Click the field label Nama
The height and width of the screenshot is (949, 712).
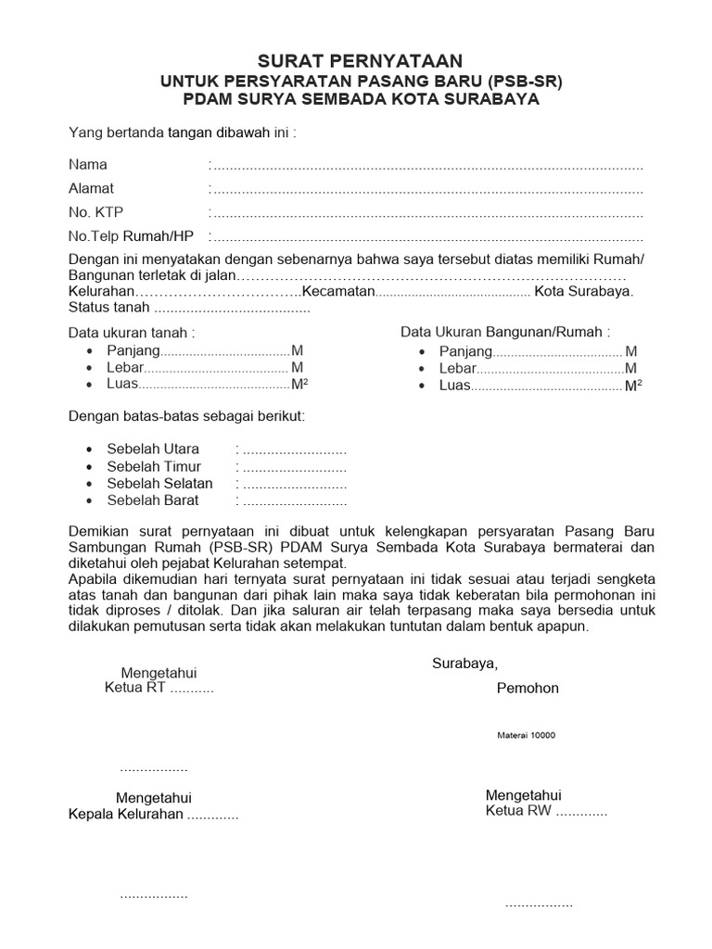[x=88, y=165]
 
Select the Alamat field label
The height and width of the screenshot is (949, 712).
[x=91, y=188]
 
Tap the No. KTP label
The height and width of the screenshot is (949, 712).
[x=95, y=212]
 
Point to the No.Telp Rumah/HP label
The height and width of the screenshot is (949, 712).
[x=131, y=235]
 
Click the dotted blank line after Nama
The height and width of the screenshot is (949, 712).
[x=426, y=167]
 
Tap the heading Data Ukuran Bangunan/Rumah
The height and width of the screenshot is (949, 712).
[x=505, y=332]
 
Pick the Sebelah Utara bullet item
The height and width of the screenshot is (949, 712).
[x=153, y=449]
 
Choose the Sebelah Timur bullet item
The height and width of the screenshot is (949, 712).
[x=154, y=466]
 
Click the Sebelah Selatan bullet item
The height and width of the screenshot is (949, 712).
[x=159, y=484]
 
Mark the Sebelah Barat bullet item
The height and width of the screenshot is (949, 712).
[x=153, y=500]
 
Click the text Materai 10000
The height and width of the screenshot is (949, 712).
[x=526, y=735]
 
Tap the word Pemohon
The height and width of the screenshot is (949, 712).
[x=528, y=689]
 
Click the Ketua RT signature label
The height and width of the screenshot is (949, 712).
[x=134, y=689]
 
